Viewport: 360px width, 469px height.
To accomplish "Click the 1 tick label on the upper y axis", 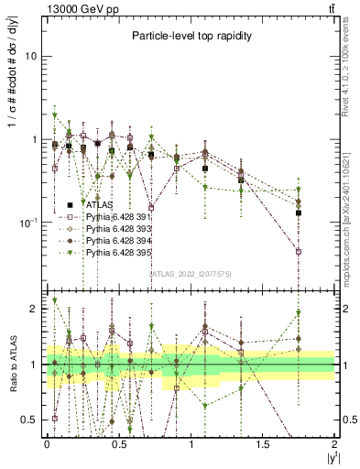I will (35, 139).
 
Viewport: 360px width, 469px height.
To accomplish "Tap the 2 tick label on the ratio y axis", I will (35, 309).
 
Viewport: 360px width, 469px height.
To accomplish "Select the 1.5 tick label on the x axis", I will (263, 444).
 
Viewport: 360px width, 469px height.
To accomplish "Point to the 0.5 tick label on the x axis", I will (118, 444).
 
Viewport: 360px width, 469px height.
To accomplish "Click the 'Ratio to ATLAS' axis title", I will (10, 365).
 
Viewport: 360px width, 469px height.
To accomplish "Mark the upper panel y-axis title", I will (10, 137).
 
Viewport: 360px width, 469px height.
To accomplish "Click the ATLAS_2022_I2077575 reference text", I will (191, 274).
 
